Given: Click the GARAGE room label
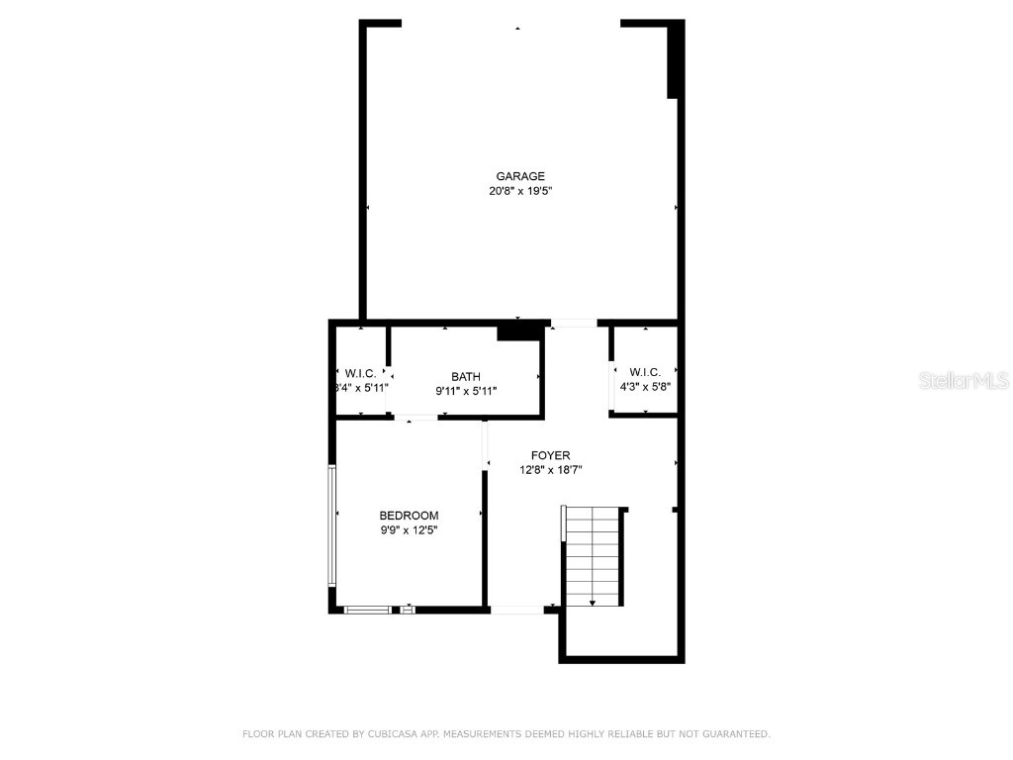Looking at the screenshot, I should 520,176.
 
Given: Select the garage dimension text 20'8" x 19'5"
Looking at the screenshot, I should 520,191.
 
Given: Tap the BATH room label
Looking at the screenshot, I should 466,376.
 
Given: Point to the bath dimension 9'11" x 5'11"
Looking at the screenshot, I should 466,391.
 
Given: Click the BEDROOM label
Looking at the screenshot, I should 409,516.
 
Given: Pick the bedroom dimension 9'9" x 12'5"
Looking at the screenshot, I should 409,530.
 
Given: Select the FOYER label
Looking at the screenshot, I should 550,455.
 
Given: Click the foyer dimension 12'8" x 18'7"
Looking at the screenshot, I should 550,470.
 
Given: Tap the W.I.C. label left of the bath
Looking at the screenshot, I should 360,373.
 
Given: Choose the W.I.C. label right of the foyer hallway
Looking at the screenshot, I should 644,372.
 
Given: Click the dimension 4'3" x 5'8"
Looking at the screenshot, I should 644,387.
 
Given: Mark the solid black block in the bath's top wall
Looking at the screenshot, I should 517,331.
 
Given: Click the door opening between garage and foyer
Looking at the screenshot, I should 574,323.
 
